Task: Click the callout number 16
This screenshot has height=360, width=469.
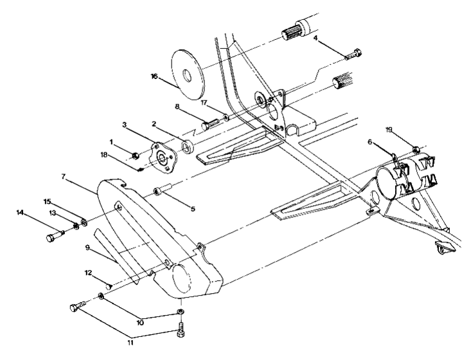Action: click(154, 76)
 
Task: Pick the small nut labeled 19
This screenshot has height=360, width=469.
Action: click(416, 150)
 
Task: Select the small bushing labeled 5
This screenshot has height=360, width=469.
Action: click(161, 191)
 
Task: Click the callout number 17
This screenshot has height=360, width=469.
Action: click(203, 102)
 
